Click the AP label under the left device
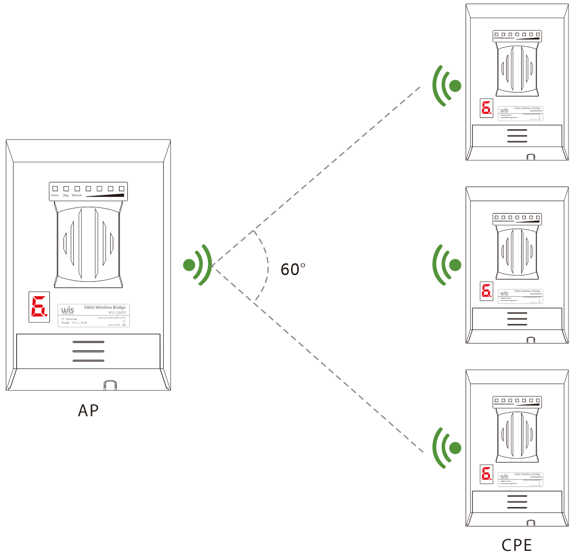click(x=88, y=411)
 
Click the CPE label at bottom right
click(x=517, y=545)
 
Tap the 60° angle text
click(x=293, y=269)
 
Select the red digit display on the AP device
click(x=39, y=307)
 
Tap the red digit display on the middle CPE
click(x=486, y=292)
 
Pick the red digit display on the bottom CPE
click(x=486, y=474)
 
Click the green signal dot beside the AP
click(x=189, y=265)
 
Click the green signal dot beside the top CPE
click(x=455, y=86)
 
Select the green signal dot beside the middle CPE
click(x=455, y=265)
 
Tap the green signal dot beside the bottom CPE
click(x=455, y=447)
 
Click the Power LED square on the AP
click(x=55, y=188)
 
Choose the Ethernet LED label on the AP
click(x=77, y=195)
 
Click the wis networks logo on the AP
click(x=68, y=310)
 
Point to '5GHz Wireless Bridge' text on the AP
click(x=104, y=308)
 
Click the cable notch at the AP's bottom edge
click(x=110, y=385)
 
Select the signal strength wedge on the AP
click(x=106, y=195)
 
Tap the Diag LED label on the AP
click(x=66, y=195)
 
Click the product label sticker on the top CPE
click(x=520, y=113)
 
